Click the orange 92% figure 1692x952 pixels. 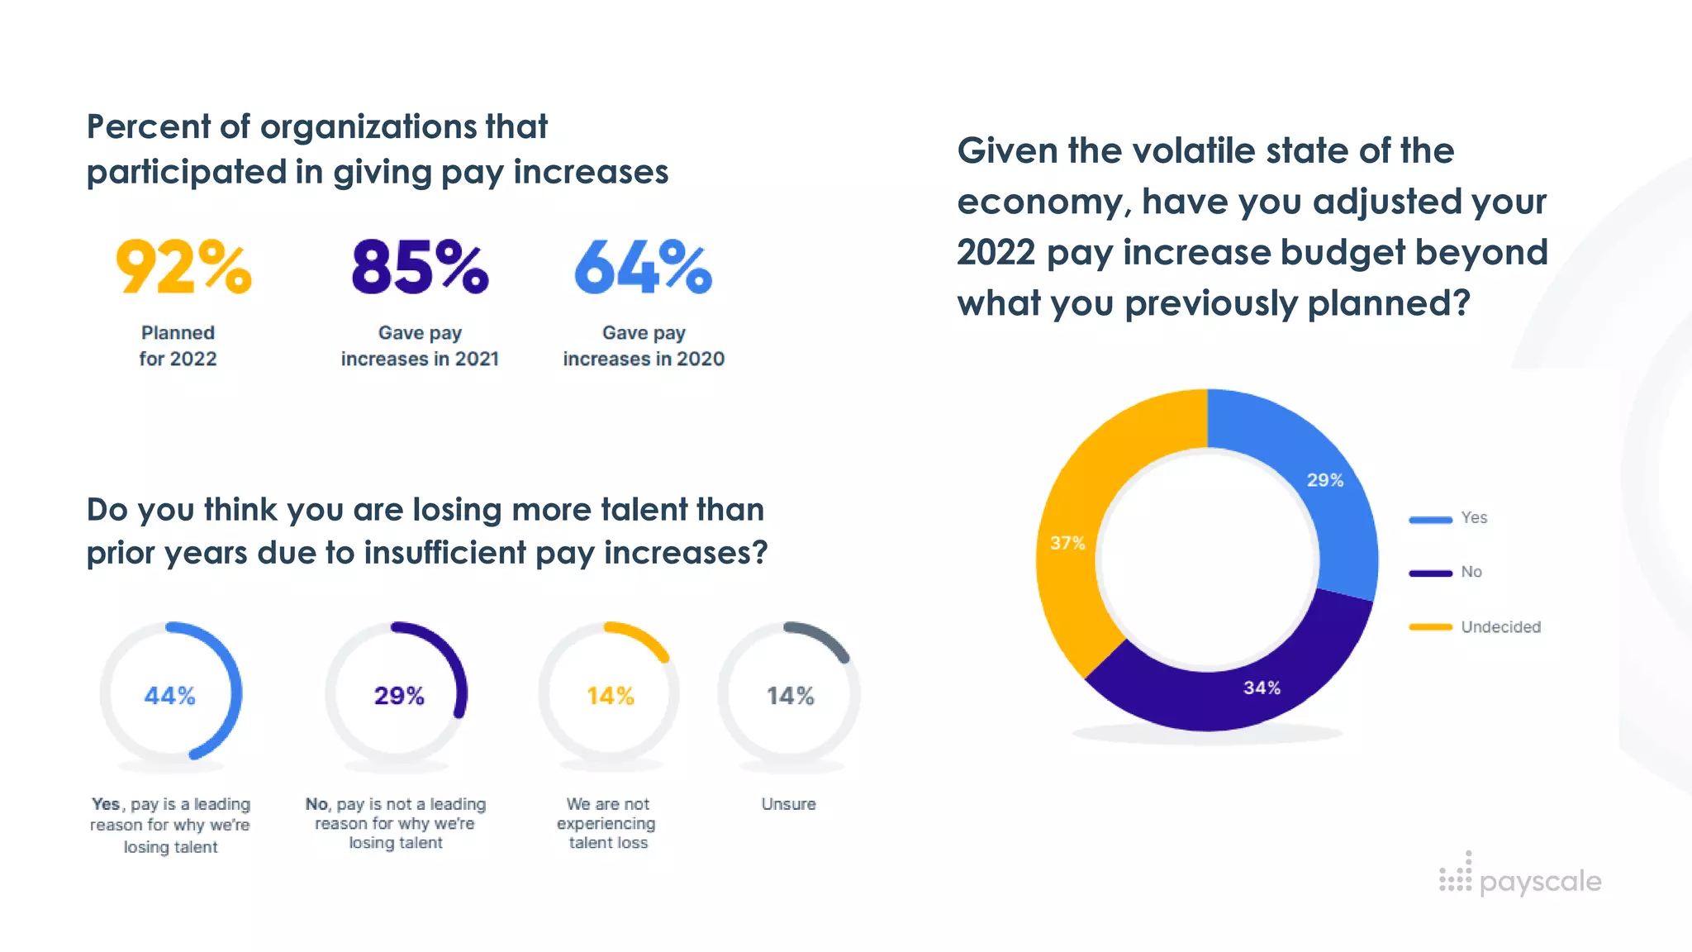[183, 267]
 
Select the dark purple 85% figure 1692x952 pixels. [420, 267]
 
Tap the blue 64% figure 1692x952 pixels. [643, 267]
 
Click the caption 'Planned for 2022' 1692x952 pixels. [178, 345]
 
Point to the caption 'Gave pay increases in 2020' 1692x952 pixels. [644, 345]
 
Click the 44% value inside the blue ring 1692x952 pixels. [170, 696]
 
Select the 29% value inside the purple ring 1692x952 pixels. [399, 696]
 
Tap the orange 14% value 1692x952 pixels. [611, 696]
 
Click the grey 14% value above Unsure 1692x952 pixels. [791, 696]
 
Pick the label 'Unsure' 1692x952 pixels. [788, 804]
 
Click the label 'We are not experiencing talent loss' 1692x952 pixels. [607, 823]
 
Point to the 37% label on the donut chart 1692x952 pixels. [1067, 543]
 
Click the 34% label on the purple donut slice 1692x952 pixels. [1262, 688]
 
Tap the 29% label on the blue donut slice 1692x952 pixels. [1324, 480]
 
